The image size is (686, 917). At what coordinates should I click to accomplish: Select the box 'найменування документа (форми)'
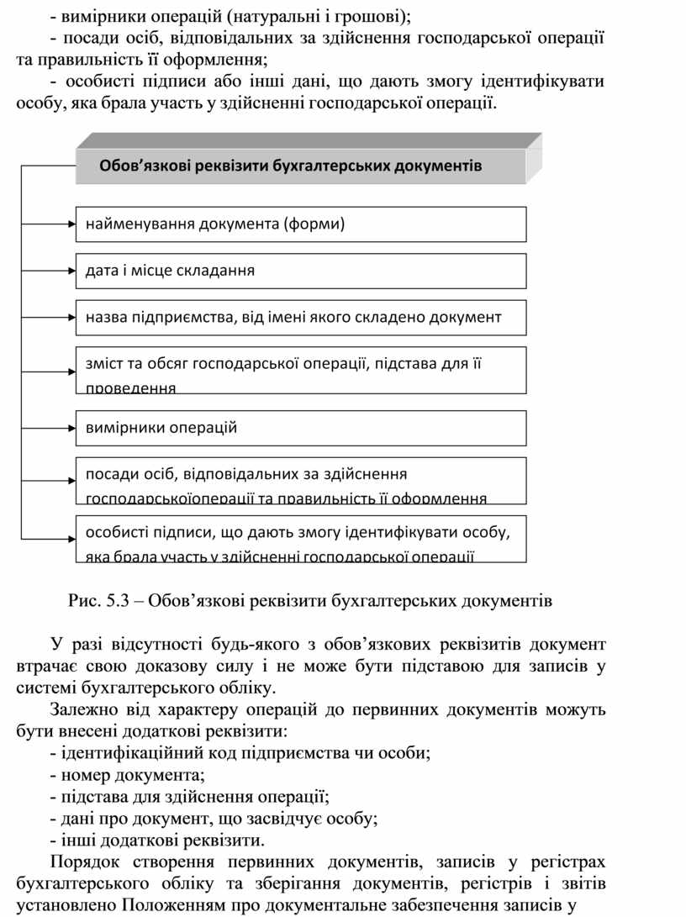[301, 224]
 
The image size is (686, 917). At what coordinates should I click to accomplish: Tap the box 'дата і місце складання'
[301, 271]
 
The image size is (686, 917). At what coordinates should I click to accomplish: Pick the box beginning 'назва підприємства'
[301, 318]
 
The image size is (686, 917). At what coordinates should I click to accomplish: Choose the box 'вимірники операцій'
[301, 428]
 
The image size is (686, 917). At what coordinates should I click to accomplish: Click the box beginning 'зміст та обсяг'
[301, 370]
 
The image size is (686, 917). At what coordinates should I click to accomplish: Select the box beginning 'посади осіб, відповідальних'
[301, 481]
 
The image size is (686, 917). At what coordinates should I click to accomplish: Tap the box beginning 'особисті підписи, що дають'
[301, 538]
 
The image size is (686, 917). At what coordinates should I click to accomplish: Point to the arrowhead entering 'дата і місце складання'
[71, 271]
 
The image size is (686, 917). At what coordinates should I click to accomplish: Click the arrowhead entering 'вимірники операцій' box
[71, 428]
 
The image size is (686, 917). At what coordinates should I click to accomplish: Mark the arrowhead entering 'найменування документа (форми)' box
[71, 224]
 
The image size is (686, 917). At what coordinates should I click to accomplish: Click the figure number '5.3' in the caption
[119, 602]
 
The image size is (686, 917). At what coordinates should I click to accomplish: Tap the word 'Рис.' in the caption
[85, 602]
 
